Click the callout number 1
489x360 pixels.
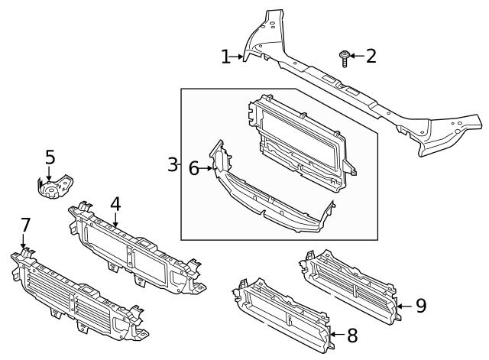pyautogui.click(x=225, y=57)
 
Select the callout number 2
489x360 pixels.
pyautogui.click(x=371, y=56)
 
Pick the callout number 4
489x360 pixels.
pyautogui.click(x=115, y=204)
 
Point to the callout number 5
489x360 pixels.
pyautogui.click(x=50, y=157)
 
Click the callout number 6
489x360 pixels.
pyautogui.click(x=194, y=168)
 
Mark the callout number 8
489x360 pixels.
pyautogui.click(x=352, y=335)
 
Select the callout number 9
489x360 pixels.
pyautogui.click(x=420, y=306)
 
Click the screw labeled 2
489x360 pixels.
pyautogui.click(x=345, y=58)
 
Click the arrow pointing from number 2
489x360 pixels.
pyautogui.click(x=357, y=56)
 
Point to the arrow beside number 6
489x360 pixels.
pyautogui.click(x=207, y=168)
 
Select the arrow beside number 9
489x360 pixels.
pyautogui.click(x=405, y=306)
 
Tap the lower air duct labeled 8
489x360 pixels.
pyautogui.click(x=283, y=313)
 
